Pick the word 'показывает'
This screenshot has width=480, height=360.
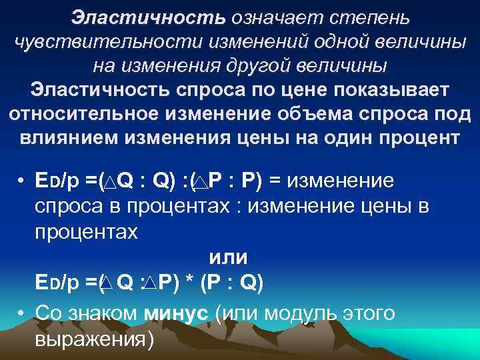pyautogui.click(x=385, y=90)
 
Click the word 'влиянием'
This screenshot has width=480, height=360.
pyautogui.click(x=67, y=139)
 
